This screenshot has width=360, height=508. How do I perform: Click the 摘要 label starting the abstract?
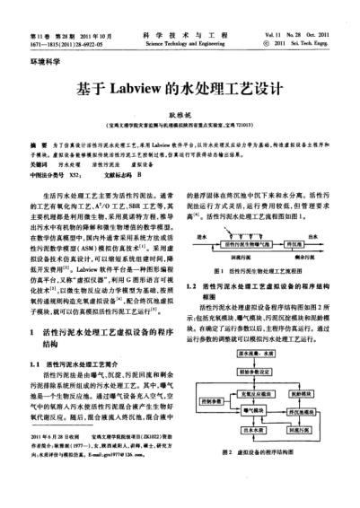click(38, 143)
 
